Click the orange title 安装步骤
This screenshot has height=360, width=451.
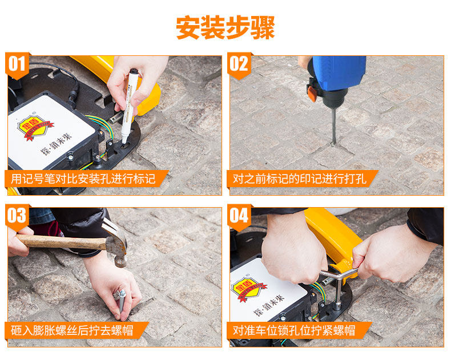[225, 27]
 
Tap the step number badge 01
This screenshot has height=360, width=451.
[17, 65]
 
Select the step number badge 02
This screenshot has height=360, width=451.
[239, 65]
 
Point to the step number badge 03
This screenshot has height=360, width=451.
[17, 217]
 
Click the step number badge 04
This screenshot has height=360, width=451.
[239, 217]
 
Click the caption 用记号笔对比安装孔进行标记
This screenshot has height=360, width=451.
[83, 179]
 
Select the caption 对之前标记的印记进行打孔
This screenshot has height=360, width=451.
[299, 179]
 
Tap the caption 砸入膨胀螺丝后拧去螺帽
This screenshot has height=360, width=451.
[72, 331]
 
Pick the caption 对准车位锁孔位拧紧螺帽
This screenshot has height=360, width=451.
[294, 331]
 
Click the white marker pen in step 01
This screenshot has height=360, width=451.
[129, 106]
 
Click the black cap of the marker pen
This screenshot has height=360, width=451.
[134, 71]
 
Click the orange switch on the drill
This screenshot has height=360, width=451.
[312, 94]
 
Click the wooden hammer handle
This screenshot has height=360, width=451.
[61, 242]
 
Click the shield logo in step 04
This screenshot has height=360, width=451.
[248, 289]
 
